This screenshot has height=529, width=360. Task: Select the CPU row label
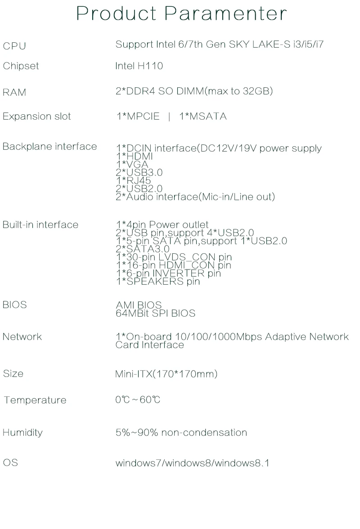coord(14,46)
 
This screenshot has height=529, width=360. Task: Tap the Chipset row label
coord(21,66)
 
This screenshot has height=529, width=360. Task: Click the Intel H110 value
coord(139,66)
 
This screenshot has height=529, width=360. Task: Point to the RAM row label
coord(14,92)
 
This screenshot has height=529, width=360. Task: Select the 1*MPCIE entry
coord(138,117)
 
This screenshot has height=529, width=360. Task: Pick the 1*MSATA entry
coord(203,117)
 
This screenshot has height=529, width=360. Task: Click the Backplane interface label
coord(49,147)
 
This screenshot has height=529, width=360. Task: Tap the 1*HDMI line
coord(134,157)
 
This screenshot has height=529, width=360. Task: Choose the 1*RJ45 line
coord(134,181)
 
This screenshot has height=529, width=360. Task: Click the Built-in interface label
coord(40,225)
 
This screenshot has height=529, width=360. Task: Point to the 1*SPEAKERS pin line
coord(157,282)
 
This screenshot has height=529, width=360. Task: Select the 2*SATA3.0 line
coord(143,249)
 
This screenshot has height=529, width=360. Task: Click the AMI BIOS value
coord(139,305)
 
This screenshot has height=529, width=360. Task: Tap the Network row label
coord(22,337)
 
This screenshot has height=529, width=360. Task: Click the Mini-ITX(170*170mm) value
coord(166,374)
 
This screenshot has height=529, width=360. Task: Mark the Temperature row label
coord(35,400)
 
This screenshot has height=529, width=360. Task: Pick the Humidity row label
coord(22,433)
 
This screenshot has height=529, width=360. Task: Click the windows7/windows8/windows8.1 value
coord(193,463)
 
